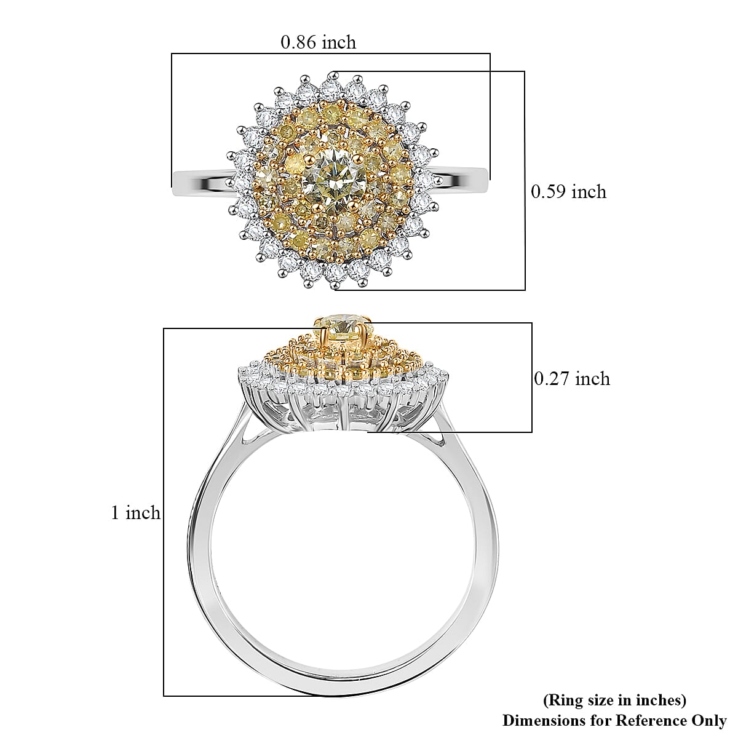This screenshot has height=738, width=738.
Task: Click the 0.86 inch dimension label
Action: pos(318,42)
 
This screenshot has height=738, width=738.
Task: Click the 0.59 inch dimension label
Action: pos(568,192)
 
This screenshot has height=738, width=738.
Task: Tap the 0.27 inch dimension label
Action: pos(572,379)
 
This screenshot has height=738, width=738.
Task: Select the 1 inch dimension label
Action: pos(135,512)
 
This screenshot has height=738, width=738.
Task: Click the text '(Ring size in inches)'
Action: pos(614,700)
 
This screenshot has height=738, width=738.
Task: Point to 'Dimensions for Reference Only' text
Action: pos(614,720)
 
